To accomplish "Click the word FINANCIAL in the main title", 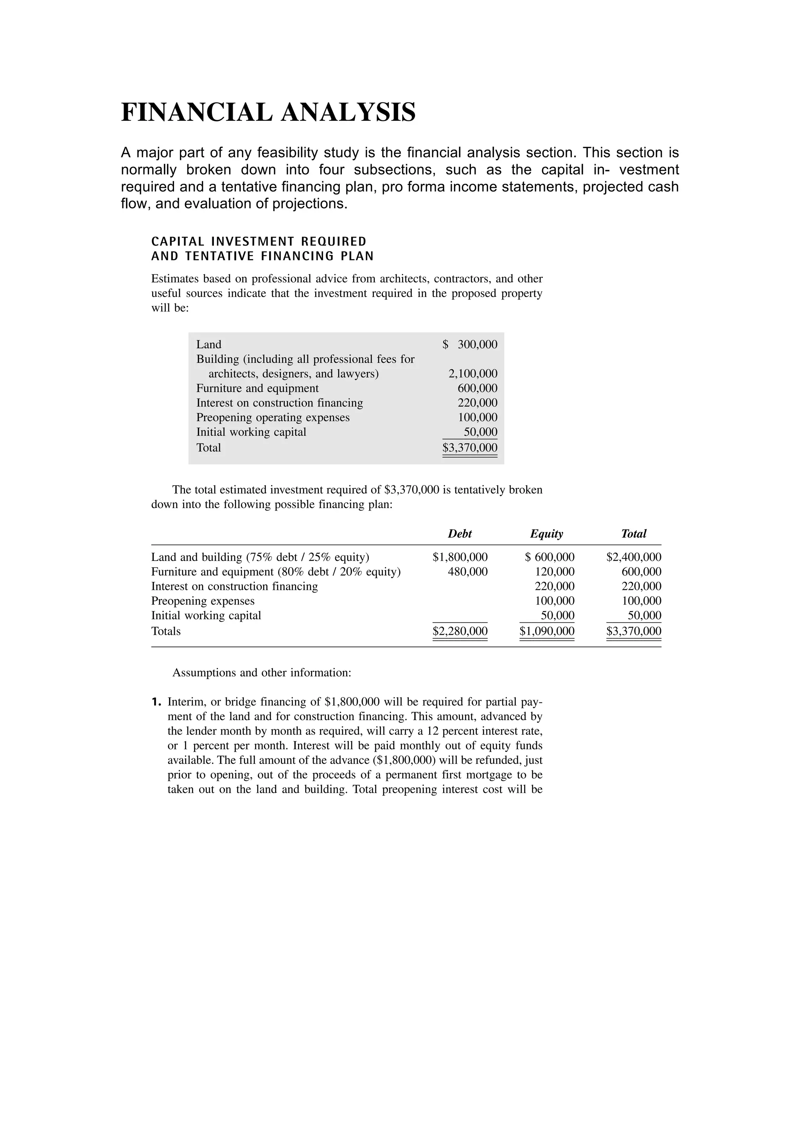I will pos(196,113).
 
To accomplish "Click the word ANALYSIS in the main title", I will pos(348,113).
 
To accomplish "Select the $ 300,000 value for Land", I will pos(470,345).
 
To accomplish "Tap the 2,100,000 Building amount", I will pos(472,374).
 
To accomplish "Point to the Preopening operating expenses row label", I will pos(273,417).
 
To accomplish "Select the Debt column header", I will pos(460,534).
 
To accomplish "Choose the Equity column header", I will pos(546,534).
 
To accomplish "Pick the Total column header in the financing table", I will pos(633,534).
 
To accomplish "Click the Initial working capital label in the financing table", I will pos(206,616).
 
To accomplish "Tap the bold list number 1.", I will pos(156,702).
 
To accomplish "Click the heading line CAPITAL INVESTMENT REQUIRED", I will pos(259,242).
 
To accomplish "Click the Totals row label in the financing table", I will pos(166,632).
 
